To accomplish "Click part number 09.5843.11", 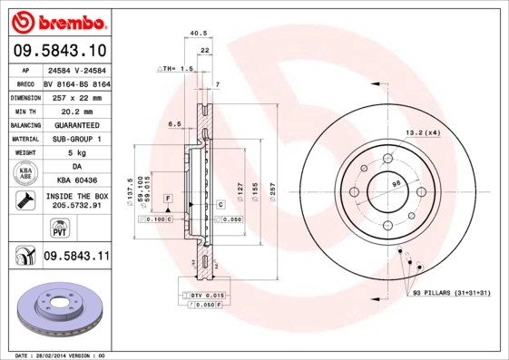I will [76, 258].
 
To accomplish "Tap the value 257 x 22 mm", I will [76, 95].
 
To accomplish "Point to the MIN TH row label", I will [24, 109].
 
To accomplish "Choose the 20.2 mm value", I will [76, 109].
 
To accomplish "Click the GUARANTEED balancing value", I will [76, 123].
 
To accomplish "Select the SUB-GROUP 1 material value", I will [76, 138].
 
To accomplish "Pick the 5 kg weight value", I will [76, 152].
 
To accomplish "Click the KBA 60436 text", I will [76, 180].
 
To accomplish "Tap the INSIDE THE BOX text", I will [76, 195].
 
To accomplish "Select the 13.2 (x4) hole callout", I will [422, 132].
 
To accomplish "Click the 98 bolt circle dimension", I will [396, 185].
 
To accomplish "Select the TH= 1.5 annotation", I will [177, 69].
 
